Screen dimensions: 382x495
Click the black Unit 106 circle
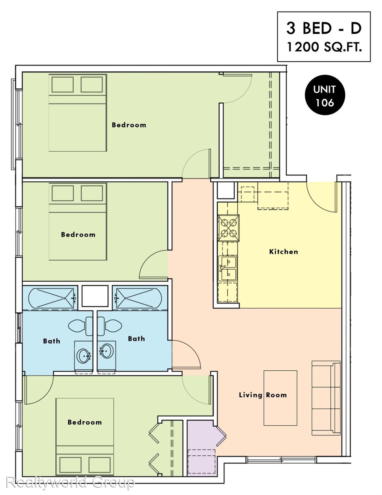coord(325,95)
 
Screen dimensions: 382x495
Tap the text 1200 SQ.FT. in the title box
coord(324,47)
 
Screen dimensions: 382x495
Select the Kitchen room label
coord(284,252)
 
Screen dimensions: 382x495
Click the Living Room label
coord(263,395)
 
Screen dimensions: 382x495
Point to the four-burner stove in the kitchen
coord(228,228)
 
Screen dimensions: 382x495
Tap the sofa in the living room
coord(326,398)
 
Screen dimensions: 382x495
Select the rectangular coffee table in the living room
coord(280,398)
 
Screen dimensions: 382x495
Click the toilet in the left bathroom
coord(81,326)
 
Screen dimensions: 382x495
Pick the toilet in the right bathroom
coord(109,326)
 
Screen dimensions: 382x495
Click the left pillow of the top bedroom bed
coord(62,85)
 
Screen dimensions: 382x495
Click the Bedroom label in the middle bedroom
coord(78,235)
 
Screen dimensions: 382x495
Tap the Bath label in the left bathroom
coord(52,341)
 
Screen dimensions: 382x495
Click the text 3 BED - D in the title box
coord(324,28)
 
